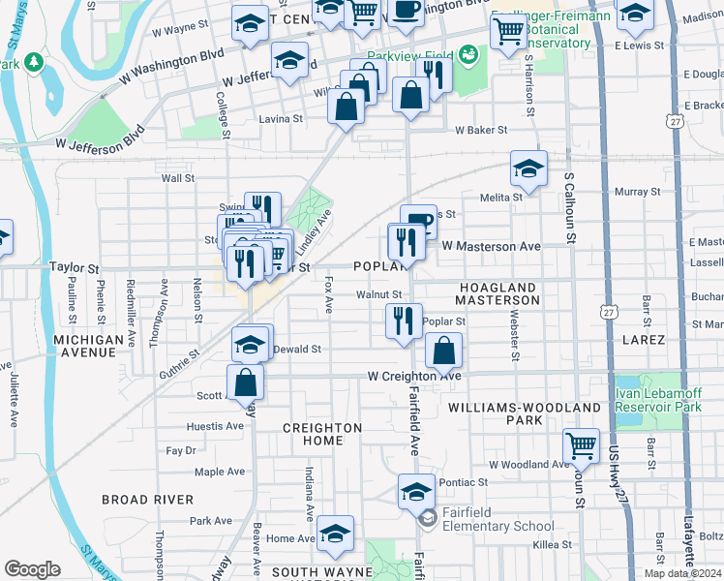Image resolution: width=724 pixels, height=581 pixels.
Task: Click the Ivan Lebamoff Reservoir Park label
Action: point(659,399)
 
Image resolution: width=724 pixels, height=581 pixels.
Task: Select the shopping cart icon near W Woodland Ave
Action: point(581,446)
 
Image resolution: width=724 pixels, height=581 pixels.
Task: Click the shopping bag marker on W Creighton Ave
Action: point(443,352)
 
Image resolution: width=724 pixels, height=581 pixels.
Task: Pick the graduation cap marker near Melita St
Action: point(528,168)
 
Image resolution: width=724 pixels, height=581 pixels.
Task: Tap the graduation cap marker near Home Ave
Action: point(335,534)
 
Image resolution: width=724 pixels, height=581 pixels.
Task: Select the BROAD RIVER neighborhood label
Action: point(141,500)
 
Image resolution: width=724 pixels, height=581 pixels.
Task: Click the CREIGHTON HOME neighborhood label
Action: point(322,434)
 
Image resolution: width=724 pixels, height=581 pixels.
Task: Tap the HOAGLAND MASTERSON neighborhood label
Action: point(498,295)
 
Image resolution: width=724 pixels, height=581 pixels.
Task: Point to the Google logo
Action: point(32,569)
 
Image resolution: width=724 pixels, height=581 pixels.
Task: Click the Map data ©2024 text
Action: point(683,573)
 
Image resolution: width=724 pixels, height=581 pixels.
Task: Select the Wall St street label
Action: point(178,178)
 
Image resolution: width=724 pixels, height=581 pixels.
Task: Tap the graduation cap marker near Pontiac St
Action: point(416,491)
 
